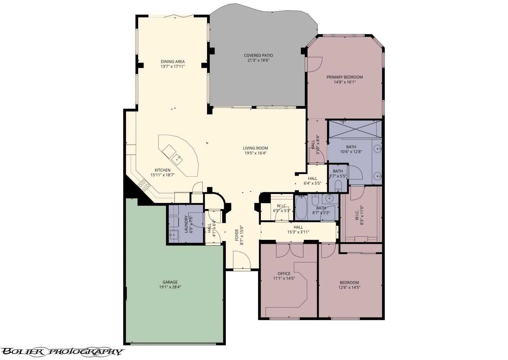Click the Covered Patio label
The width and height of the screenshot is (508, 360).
pos(258,55)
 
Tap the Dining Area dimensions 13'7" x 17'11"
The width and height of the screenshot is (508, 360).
pos(172,67)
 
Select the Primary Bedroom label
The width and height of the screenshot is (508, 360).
pos(344,77)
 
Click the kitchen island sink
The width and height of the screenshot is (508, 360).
pos(177,157)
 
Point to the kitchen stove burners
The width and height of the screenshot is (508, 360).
pos(144,185)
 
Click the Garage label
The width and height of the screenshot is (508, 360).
pos(170,282)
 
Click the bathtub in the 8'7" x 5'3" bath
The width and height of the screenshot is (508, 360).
pos(301,208)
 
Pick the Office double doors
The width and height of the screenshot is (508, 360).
pos(290,250)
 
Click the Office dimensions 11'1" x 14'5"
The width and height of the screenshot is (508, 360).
pos(284,278)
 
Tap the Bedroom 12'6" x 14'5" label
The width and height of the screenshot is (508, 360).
pos(349,282)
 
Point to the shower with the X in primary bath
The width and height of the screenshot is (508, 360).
pos(354,129)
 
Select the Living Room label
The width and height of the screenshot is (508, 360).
pos(255,148)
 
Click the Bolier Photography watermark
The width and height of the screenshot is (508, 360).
pos(62,351)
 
